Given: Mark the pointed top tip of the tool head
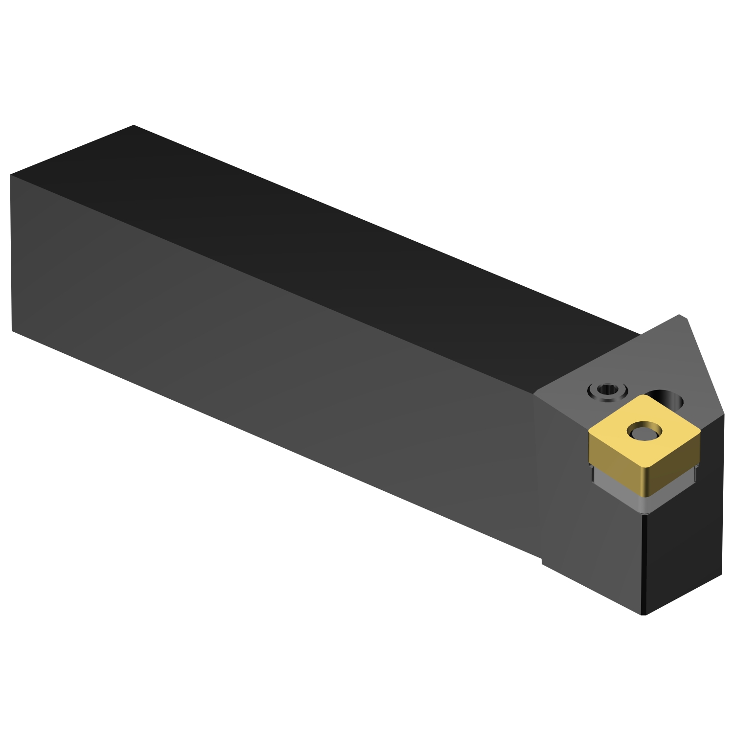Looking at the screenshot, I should click(x=680, y=316).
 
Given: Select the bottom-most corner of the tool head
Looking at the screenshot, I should click(x=644, y=615).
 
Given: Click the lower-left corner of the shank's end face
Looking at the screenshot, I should click(x=12, y=331).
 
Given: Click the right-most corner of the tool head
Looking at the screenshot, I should click(x=724, y=415).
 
